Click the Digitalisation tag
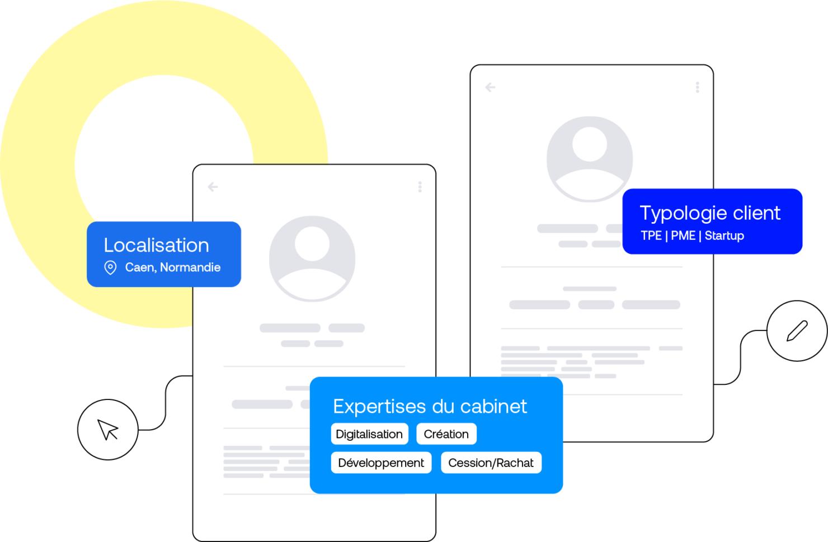point(369,434)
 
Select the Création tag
point(446,434)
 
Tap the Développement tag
point(381,463)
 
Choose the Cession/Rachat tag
point(491,463)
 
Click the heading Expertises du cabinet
point(430,406)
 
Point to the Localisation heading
point(156,245)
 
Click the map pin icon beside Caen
point(111,268)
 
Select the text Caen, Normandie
point(172,267)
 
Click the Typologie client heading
point(709,213)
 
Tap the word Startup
point(724,235)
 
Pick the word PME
point(683,235)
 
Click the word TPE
point(651,235)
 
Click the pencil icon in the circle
point(797,331)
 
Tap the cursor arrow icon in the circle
point(108,430)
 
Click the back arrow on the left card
point(213,187)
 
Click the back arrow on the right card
point(490,87)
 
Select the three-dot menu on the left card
point(420,187)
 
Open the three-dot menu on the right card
point(697,87)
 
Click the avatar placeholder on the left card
point(312,258)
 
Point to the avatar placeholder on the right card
point(590,159)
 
